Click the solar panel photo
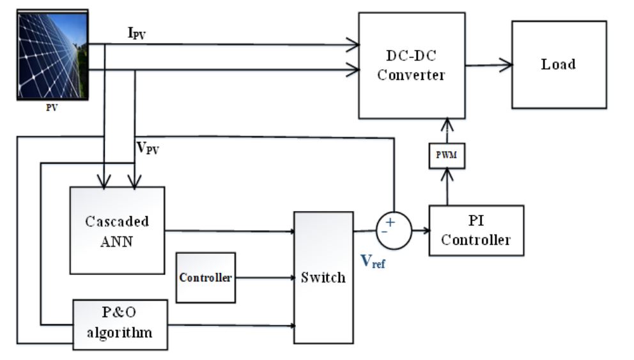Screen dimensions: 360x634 point(51,54)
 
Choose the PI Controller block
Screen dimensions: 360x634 point(476,231)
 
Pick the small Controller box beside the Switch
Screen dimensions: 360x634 point(205,278)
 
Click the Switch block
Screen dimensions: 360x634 point(323,278)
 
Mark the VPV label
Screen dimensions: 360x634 point(149,148)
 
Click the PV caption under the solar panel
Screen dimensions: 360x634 point(51,107)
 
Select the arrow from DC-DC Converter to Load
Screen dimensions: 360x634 point(488,64)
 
